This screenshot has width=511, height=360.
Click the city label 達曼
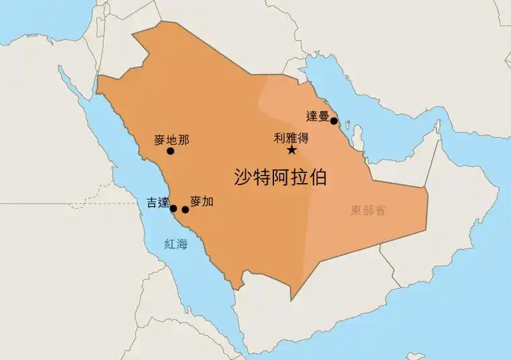point(317,115)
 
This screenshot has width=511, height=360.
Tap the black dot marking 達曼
point(334,121)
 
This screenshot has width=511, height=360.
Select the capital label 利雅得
point(291,137)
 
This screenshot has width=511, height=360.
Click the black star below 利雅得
point(292,150)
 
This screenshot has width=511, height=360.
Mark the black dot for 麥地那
point(170,151)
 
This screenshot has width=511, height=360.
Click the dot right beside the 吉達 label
point(173,208)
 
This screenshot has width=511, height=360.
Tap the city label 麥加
point(201,201)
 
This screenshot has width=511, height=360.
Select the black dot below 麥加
point(186,210)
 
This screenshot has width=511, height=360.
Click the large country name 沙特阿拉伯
point(280,177)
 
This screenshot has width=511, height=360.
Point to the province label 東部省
point(368,210)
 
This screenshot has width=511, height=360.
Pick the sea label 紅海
point(176,244)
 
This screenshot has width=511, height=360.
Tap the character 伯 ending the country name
point(317,177)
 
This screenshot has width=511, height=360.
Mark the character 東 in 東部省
point(357,210)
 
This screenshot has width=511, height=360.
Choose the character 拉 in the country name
point(299,177)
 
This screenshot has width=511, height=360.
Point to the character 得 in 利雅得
point(302,137)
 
